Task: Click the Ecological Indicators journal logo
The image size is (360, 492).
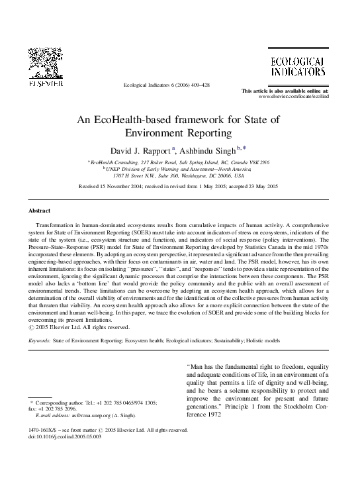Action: [x=296, y=66]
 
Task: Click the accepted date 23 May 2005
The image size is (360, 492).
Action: [x=262, y=188]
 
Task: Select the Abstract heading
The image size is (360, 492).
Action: [x=39, y=211]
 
